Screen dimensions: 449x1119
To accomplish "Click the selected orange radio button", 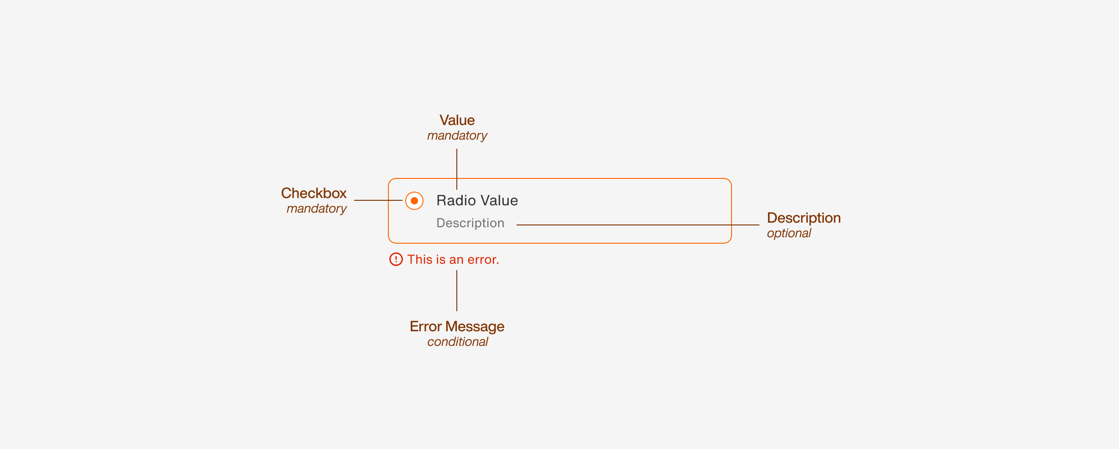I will tap(414, 201).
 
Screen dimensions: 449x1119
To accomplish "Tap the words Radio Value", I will tap(477, 201).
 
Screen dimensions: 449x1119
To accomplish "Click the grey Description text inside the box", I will tap(470, 223).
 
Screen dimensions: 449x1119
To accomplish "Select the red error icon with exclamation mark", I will tap(396, 260).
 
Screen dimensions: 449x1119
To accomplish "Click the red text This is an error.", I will tap(453, 260).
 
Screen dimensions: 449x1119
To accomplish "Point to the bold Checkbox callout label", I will tap(314, 193).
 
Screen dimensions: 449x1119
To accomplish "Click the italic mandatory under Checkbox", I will tap(316, 209).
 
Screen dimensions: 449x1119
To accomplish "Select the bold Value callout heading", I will tap(457, 120).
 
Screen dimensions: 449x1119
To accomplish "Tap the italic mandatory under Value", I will tap(457, 136).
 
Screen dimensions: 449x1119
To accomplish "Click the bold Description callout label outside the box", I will tap(804, 218).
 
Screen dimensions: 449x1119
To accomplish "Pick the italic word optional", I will tap(789, 233).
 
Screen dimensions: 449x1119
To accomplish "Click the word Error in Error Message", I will tap(425, 327).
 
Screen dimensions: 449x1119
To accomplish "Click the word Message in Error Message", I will tap(475, 327).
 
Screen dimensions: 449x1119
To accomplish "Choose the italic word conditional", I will tap(457, 342).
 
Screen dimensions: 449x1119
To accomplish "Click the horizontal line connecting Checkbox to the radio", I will tap(378, 200).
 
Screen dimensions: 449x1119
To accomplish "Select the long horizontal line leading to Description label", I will tap(639, 225).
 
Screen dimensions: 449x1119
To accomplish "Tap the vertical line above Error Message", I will tap(457, 290).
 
